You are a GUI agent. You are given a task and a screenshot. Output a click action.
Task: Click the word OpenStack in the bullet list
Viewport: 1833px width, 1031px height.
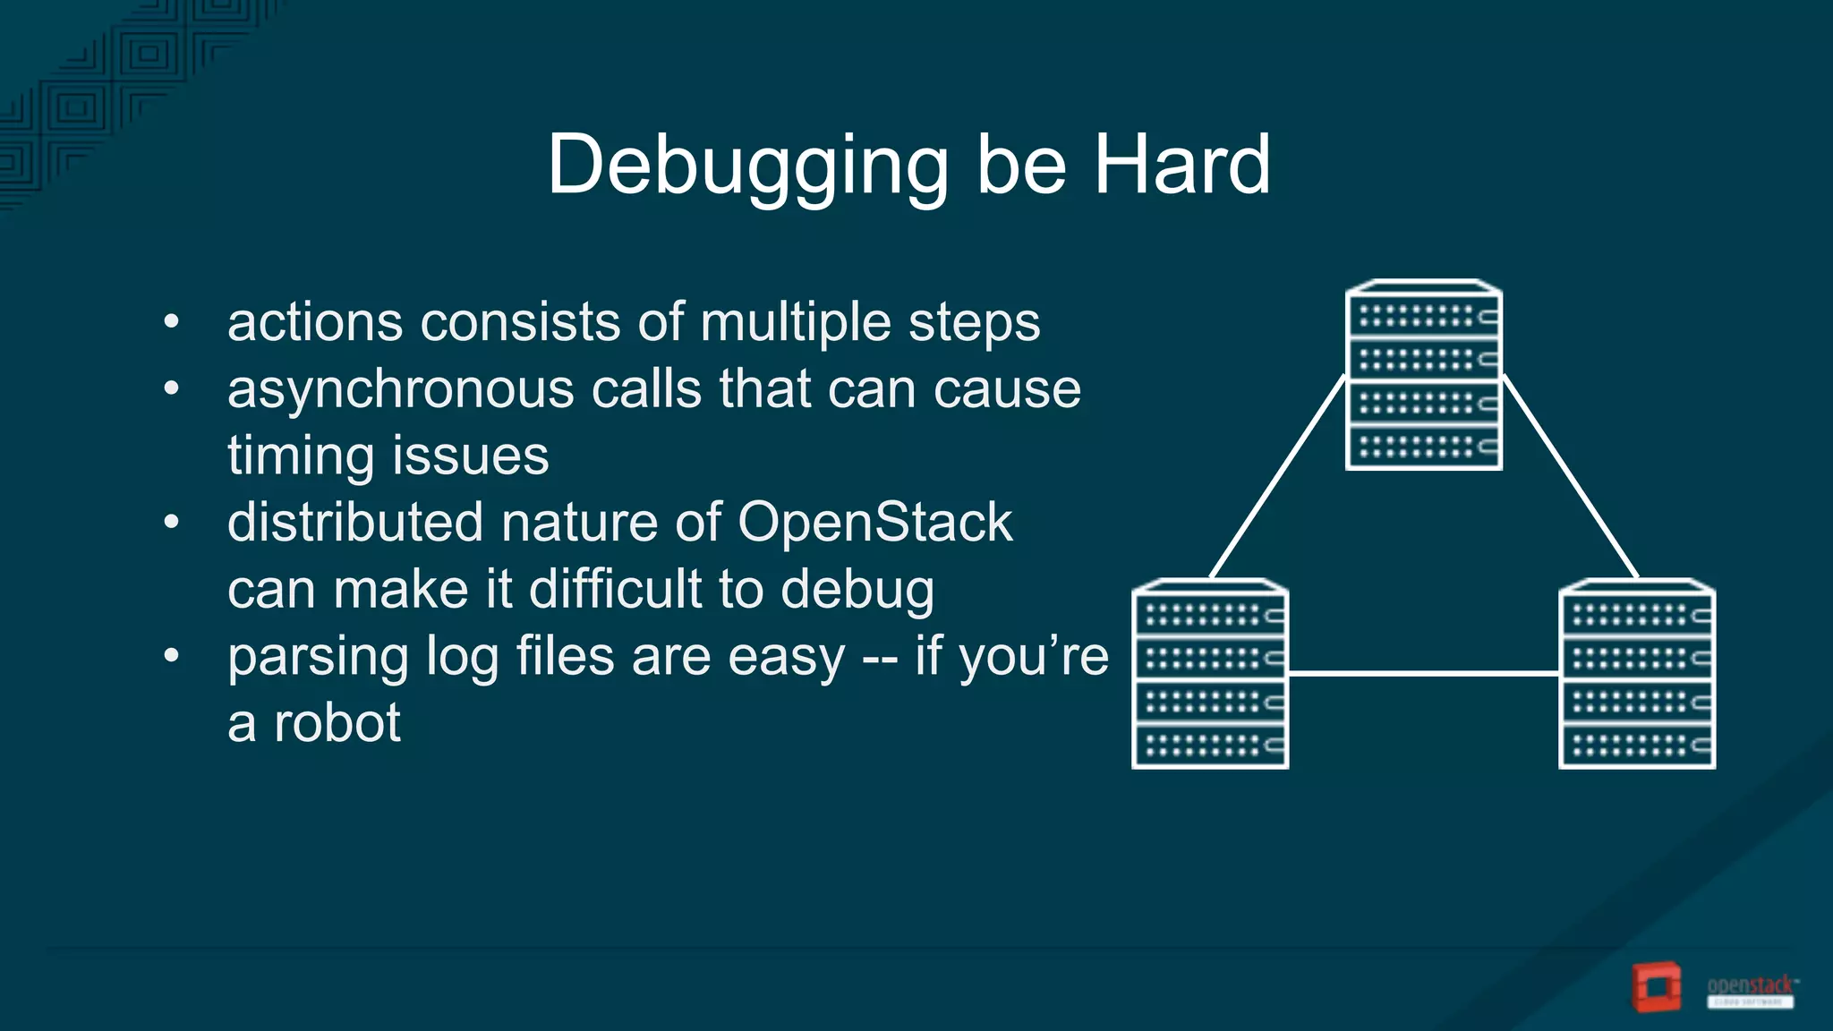pyautogui.click(x=874, y=522)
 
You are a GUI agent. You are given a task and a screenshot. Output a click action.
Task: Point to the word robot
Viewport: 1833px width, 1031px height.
pyautogui.click(x=337, y=723)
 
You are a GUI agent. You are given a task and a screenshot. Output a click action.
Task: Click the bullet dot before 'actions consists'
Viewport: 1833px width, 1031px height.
pyautogui.click(x=172, y=320)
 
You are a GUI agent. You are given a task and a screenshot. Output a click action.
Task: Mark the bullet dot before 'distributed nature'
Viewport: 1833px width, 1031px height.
pyautogui.click(x=172, y=521)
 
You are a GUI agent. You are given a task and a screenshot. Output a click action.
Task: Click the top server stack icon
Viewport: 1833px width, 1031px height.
pyautogui.click(x=1424, y=375)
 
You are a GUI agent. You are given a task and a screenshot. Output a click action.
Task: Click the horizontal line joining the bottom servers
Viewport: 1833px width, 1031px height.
pyautogui.click(x=1423, y=673)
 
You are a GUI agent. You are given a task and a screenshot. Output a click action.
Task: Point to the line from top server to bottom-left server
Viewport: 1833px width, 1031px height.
pyautogui.click(x=1277, y=477)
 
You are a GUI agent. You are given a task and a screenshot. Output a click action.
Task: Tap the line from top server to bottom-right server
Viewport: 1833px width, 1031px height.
pyautogui.click(x=1571, y=477)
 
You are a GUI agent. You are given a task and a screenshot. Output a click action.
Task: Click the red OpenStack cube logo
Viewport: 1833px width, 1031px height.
pyautogui.click(x=1657, y=987)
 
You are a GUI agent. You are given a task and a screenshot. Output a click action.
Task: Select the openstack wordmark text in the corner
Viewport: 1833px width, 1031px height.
pyautogui.click(x=1750, y=986)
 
